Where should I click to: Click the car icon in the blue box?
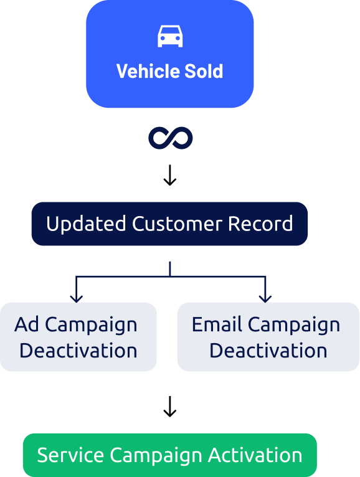(170, 36)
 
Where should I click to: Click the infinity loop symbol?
(170, 138)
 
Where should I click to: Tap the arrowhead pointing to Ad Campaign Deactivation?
(77, 298)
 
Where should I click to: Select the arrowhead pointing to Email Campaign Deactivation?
(266, 298)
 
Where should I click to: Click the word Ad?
(27, 324)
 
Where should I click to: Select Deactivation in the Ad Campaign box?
(78, 351)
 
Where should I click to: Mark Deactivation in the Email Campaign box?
(268, 351)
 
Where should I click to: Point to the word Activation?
(255, 455)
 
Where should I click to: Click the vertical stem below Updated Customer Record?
(170, 268)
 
